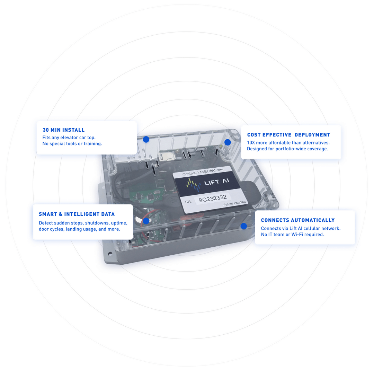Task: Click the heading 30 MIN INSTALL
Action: (x=63, y=130)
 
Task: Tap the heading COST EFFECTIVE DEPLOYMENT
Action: (x=288, y=135)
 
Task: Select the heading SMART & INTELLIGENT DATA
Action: (x=77, y=214)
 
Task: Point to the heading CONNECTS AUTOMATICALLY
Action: (x=297, y=220)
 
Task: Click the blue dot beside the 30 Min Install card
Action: (x=146, y=139)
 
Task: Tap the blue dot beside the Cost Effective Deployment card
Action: (x=228, y=142)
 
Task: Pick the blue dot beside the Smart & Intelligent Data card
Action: (x=146, y=221)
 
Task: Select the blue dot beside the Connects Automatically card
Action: (x=243, y=226)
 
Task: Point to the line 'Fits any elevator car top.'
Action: (x=69, y=137)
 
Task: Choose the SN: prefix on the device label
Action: (x=188, y=201)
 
